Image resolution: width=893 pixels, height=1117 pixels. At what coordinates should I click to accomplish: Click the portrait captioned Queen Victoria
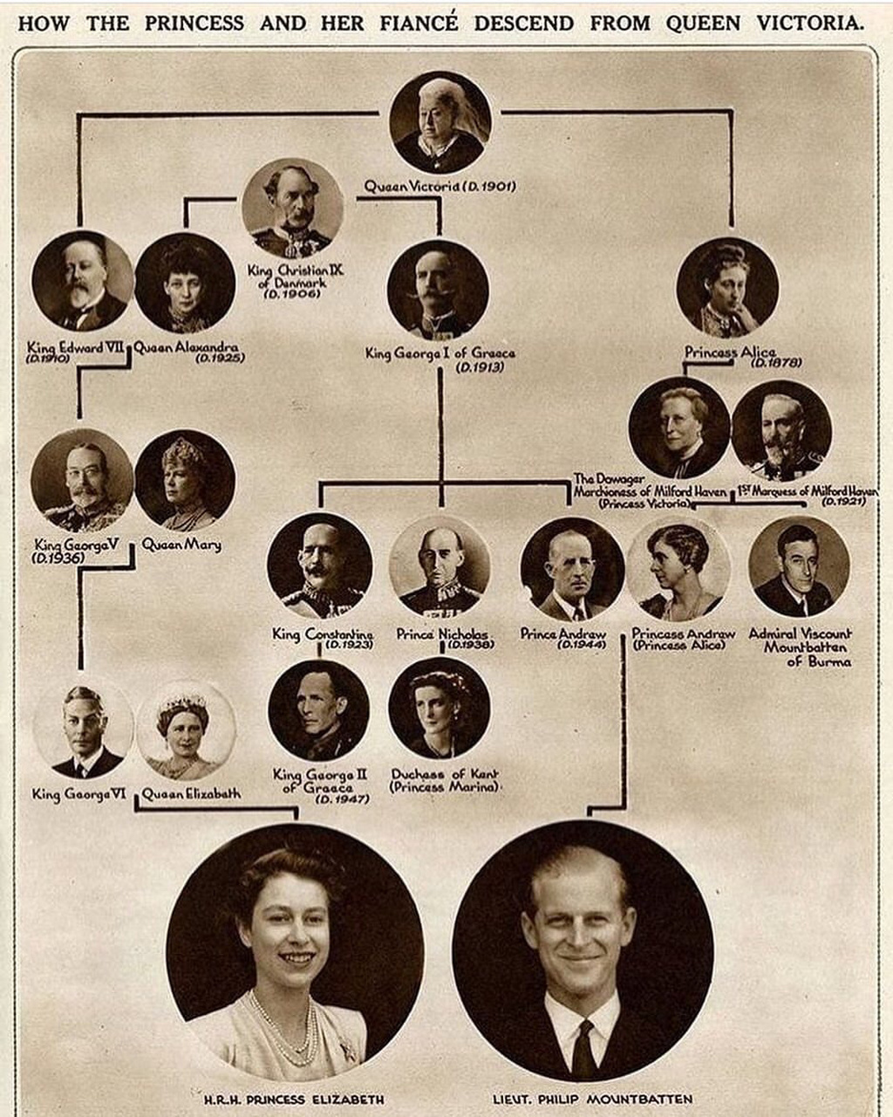click(x=440, y=123)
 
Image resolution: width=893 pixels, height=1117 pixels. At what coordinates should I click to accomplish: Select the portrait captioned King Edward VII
click(x=83, y=281)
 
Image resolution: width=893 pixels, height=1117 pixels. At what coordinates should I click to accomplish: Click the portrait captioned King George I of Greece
click(x=438, y=291)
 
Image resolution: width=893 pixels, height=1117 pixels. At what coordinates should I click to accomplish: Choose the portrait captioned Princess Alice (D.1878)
click(x=727, y=288)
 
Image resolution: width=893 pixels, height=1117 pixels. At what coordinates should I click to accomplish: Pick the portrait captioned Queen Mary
click(x=185, y=480)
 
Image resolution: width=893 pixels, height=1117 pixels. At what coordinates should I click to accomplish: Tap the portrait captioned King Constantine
click(x=320, y=566)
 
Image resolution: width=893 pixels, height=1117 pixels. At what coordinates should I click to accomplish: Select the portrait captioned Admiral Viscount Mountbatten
click(x=799, y=566)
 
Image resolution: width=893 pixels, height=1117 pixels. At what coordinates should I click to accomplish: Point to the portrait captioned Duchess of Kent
click(x=440, y=708)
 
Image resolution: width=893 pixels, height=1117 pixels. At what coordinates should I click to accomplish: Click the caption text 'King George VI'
click(x=79, y=794)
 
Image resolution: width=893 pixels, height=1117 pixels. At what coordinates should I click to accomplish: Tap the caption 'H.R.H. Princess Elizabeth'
click(x=294, y=1099)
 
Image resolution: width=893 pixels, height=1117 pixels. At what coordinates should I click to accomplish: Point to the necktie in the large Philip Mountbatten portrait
click(x=583, y=1047)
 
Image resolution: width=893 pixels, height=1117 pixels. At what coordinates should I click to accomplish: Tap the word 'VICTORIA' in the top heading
click(x=810, y=23)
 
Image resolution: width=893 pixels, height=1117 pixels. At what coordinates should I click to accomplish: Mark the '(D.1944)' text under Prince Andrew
click(x=582, y=644)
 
